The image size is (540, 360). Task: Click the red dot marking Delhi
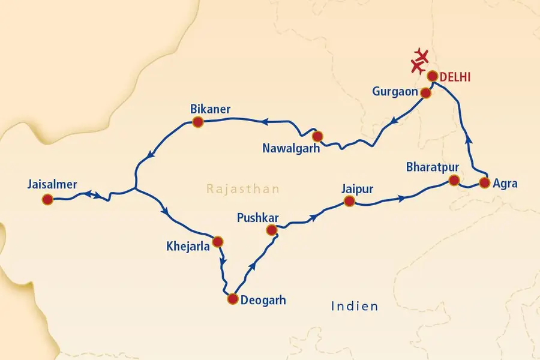[432, 76]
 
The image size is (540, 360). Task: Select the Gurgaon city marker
[425, 93]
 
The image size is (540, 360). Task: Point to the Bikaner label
[210, 109]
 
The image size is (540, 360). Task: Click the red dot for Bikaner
[197, 122]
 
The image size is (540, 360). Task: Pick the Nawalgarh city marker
[318, 136]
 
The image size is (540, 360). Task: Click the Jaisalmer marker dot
[47, 200]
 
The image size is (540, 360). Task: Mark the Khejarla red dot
[218, 241]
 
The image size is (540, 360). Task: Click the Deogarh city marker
[232, 299]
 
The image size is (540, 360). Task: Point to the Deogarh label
[263, 300]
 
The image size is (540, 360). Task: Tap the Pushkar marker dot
[271, 230]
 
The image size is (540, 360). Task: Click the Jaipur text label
[357, 188]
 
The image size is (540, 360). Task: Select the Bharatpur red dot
[455, 180]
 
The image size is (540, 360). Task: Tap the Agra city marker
[485, 183]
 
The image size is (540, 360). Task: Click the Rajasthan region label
[243, 189]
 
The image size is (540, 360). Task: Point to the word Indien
[355, 307]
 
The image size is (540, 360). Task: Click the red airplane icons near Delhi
[420, 61]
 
